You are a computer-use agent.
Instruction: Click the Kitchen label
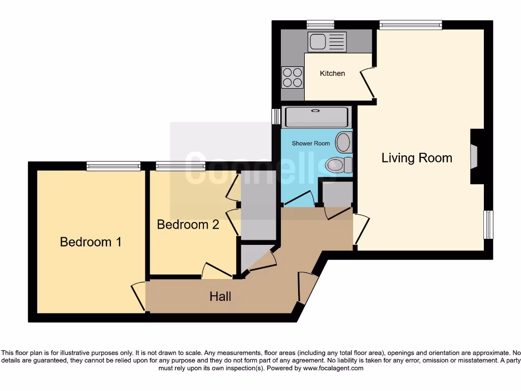coord(332,73)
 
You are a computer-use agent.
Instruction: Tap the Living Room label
coord(417,158)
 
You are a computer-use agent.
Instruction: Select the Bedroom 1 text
coord(91,242)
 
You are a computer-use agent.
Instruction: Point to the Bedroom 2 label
coord(188,225)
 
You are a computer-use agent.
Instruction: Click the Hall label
coord(220,296)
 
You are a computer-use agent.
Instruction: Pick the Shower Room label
coord(311,144)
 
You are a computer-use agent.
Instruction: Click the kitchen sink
coord(327,42)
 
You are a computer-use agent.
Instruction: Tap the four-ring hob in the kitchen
coord(293,77)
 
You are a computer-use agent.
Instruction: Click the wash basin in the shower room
coord(344,142)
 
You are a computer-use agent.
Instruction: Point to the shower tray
coord(316,117)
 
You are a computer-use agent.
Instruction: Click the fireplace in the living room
coord(474,156)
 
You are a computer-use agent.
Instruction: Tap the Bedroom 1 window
coord(113,165)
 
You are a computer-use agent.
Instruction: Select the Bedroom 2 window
coord(180,165)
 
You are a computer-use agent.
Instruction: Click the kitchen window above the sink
coord(321,24)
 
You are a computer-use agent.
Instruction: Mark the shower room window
coord(276,116)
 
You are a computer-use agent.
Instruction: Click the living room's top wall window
coord(410,24)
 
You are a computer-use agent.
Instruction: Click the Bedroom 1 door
coord(138,296)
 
